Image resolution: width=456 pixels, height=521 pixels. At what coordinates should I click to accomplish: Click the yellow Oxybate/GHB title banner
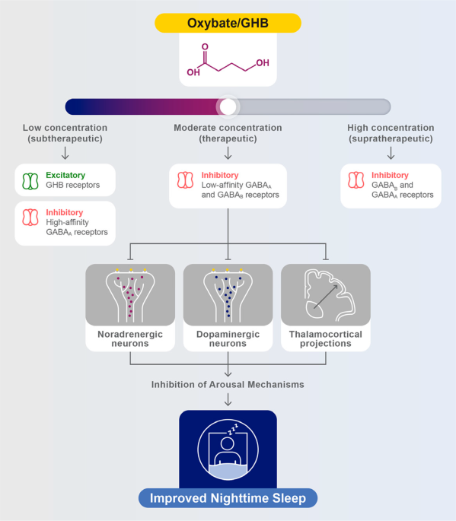pos(228,23)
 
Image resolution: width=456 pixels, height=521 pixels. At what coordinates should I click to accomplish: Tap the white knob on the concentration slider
pos(228,106)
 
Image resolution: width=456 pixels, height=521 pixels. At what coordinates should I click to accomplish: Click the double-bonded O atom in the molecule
pos(205,47)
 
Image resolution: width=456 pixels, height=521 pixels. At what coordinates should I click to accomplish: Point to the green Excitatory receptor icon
pos(30,181)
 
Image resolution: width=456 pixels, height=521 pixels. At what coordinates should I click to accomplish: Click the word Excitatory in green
pos(65,175)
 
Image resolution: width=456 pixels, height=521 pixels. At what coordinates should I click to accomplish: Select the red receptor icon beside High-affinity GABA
pos(30,217)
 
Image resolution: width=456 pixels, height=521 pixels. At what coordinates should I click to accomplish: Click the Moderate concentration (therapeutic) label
pos(228,133)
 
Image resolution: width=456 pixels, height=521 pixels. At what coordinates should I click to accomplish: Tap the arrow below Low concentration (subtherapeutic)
pos(65,153)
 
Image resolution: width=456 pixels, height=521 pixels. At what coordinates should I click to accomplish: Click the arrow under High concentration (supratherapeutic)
pos(391,153)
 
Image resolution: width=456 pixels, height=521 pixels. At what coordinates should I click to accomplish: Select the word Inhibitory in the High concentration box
pos(390,175)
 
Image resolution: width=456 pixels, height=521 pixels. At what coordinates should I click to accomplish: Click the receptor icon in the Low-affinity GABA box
pos(185,180)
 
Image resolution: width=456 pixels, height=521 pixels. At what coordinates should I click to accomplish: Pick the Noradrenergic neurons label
pos(130,338)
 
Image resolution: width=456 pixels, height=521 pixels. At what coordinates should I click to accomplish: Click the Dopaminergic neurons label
pos(228,338)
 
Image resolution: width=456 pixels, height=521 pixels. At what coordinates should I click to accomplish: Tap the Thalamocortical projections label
pos(326,338)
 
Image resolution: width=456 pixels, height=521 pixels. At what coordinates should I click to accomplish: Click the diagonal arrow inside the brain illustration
pos(326,297)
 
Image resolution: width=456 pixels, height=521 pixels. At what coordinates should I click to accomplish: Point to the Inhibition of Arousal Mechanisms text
pos(228,384)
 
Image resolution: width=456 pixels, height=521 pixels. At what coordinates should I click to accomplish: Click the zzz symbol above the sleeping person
pos(233,429)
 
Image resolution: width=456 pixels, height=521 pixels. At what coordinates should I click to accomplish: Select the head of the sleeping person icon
pos(228,444)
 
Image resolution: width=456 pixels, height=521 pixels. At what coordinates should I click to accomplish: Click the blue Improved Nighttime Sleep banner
pos(228,498)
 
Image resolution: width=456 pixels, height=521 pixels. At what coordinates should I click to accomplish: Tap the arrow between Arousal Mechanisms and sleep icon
pos(228,400)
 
